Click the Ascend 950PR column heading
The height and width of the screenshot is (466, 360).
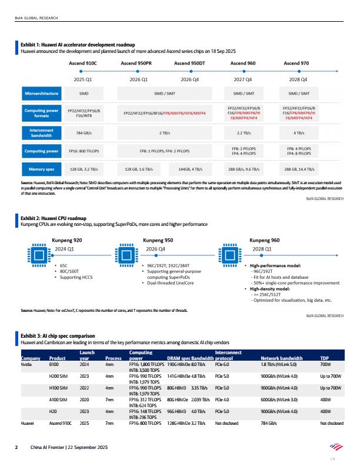(136, 62)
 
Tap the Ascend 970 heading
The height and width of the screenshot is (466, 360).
(296, 62)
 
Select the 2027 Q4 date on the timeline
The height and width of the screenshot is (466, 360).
(242, 78)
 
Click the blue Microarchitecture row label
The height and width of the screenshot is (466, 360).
(41, 94)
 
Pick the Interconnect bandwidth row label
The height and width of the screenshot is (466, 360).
(41, 133)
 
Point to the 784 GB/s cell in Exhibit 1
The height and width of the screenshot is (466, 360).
(83, 133)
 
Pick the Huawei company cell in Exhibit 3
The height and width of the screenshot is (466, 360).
(28, 422)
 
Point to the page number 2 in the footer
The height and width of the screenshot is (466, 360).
(16, 448)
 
